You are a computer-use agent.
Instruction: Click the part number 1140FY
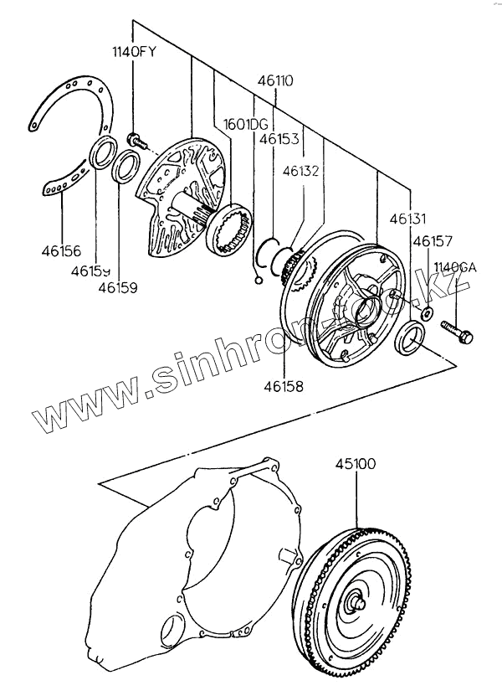(x=136, y=52)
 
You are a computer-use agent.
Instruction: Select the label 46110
(x=276, y=82)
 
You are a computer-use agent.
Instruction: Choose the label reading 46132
(x=302, y=170)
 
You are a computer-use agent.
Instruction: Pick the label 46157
(x=433, y=241)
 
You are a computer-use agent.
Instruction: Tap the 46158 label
(x=284, y=387)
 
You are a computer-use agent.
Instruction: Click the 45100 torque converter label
(x=356, y=462)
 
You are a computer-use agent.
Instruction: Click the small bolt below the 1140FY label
(x=133, y=137)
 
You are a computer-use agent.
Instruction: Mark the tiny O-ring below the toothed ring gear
(x=259, y=281)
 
